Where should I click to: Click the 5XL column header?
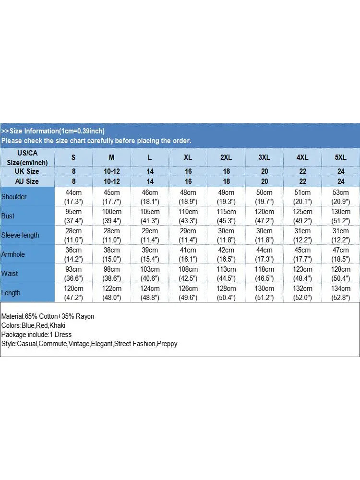point(341,157)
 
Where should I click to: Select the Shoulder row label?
point(14,197)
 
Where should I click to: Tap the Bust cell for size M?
point(112,216)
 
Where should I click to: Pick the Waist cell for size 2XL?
point(227,274)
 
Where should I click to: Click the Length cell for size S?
point(73,293)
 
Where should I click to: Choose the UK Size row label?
point(27,171)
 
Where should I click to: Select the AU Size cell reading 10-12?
point(112,181)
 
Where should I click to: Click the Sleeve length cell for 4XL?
point(303,235)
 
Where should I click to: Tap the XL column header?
point(188,157)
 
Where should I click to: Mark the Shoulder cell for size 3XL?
point(264,197)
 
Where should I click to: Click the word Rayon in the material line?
point(84,316)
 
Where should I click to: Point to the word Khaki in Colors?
point(57,325)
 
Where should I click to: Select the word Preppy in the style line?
point(167,344)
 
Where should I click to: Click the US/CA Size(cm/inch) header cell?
point(27,157)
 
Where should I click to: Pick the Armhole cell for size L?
point(150,254)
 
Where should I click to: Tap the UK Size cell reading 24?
point(341,171)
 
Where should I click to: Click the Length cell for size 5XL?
point(341,293)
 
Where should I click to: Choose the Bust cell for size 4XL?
point(303,216)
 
